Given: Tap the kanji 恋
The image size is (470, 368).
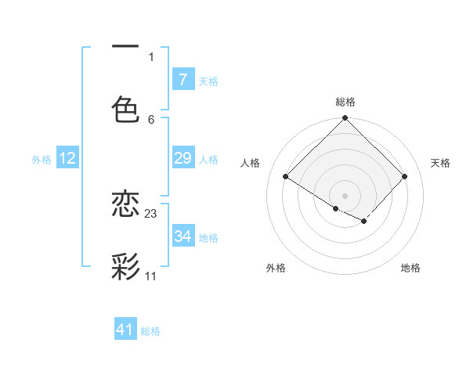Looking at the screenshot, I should pos(125,204).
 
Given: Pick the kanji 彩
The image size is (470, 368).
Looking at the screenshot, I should pos(125,266).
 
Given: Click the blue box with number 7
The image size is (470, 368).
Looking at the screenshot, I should pos(183,79).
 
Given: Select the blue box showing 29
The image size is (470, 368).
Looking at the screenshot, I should pos(183,158).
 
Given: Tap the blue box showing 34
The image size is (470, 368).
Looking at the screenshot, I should pos(183,236).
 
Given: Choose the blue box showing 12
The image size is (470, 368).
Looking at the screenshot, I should pos(67,158).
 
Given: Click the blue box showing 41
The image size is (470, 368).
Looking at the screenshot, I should pos(125,330).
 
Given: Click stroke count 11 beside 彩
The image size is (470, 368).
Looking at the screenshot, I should pos(151,276).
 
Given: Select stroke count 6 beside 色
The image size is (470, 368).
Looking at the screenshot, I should pos(151,119).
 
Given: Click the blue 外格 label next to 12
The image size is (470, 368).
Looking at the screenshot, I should pos(42,160).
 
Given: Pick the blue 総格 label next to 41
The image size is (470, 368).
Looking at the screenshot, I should pos(150,331).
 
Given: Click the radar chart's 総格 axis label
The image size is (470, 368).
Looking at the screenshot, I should pos(345,102).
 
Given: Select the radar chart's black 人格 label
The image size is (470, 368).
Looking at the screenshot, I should pos(251,163).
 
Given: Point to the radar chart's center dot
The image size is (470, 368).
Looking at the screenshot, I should pos(345,195).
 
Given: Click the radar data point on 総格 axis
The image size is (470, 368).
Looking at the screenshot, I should pos(345,119).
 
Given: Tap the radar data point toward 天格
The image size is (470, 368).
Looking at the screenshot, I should pos(405,177).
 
